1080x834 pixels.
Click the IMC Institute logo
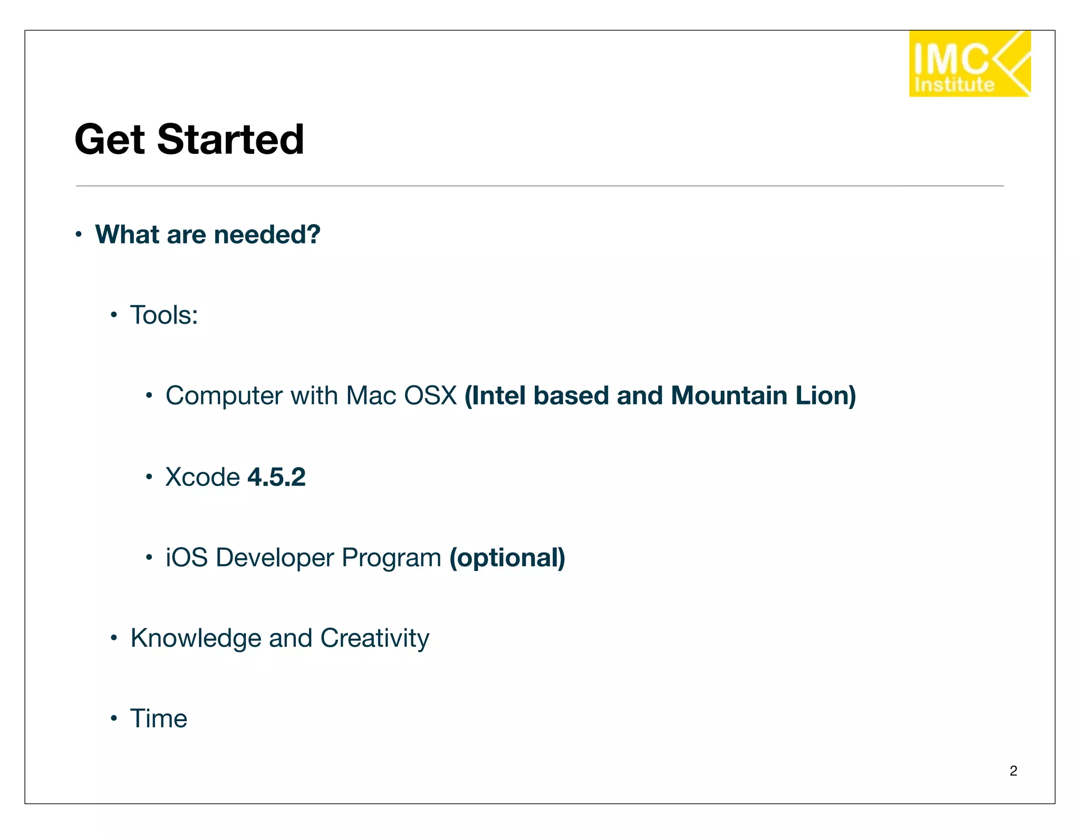pyautogui.click(x=969, y=64)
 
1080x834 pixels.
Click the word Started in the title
pyautogui.click(x=230, y=140)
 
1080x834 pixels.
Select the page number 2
pyautogui.click(x=1013, y=771)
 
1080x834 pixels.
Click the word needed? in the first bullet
pyautogui.click(x=267, y=235)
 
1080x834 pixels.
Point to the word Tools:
pyautogui.click(x=164, y=315)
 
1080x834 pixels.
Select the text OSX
pyautogui.click(x=430, y=396)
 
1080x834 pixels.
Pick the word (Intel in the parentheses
pyautogui.click(x=495, y=396)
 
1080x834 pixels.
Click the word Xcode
pyautogui.click(x=202, y=477)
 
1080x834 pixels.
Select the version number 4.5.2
pyautogui.click(x=276, y=477)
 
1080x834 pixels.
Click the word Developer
pyautogui.click(x=275, y=558)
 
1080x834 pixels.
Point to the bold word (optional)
pyautogui.click(x=507, y=558)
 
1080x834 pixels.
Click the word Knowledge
pyautogui.click(x=196, y=638)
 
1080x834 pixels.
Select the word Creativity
pyautogui.click(x=374, y=638)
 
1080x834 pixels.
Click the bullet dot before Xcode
pyautogui.click(x=149, y=477)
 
